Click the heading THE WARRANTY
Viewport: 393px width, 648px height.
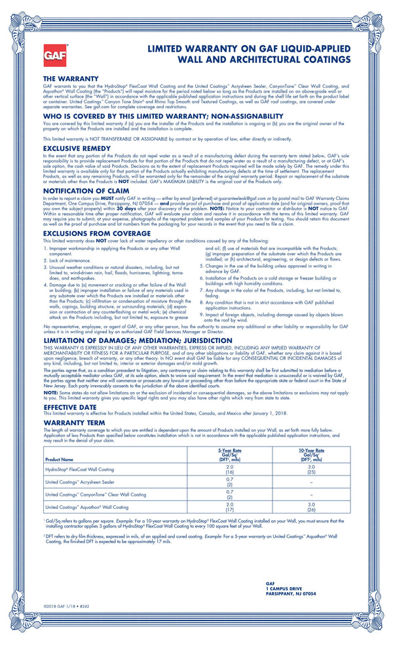(70, 79)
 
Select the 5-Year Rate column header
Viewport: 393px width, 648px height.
(229, 455)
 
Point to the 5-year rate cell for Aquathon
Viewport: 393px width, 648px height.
(229, 507)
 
